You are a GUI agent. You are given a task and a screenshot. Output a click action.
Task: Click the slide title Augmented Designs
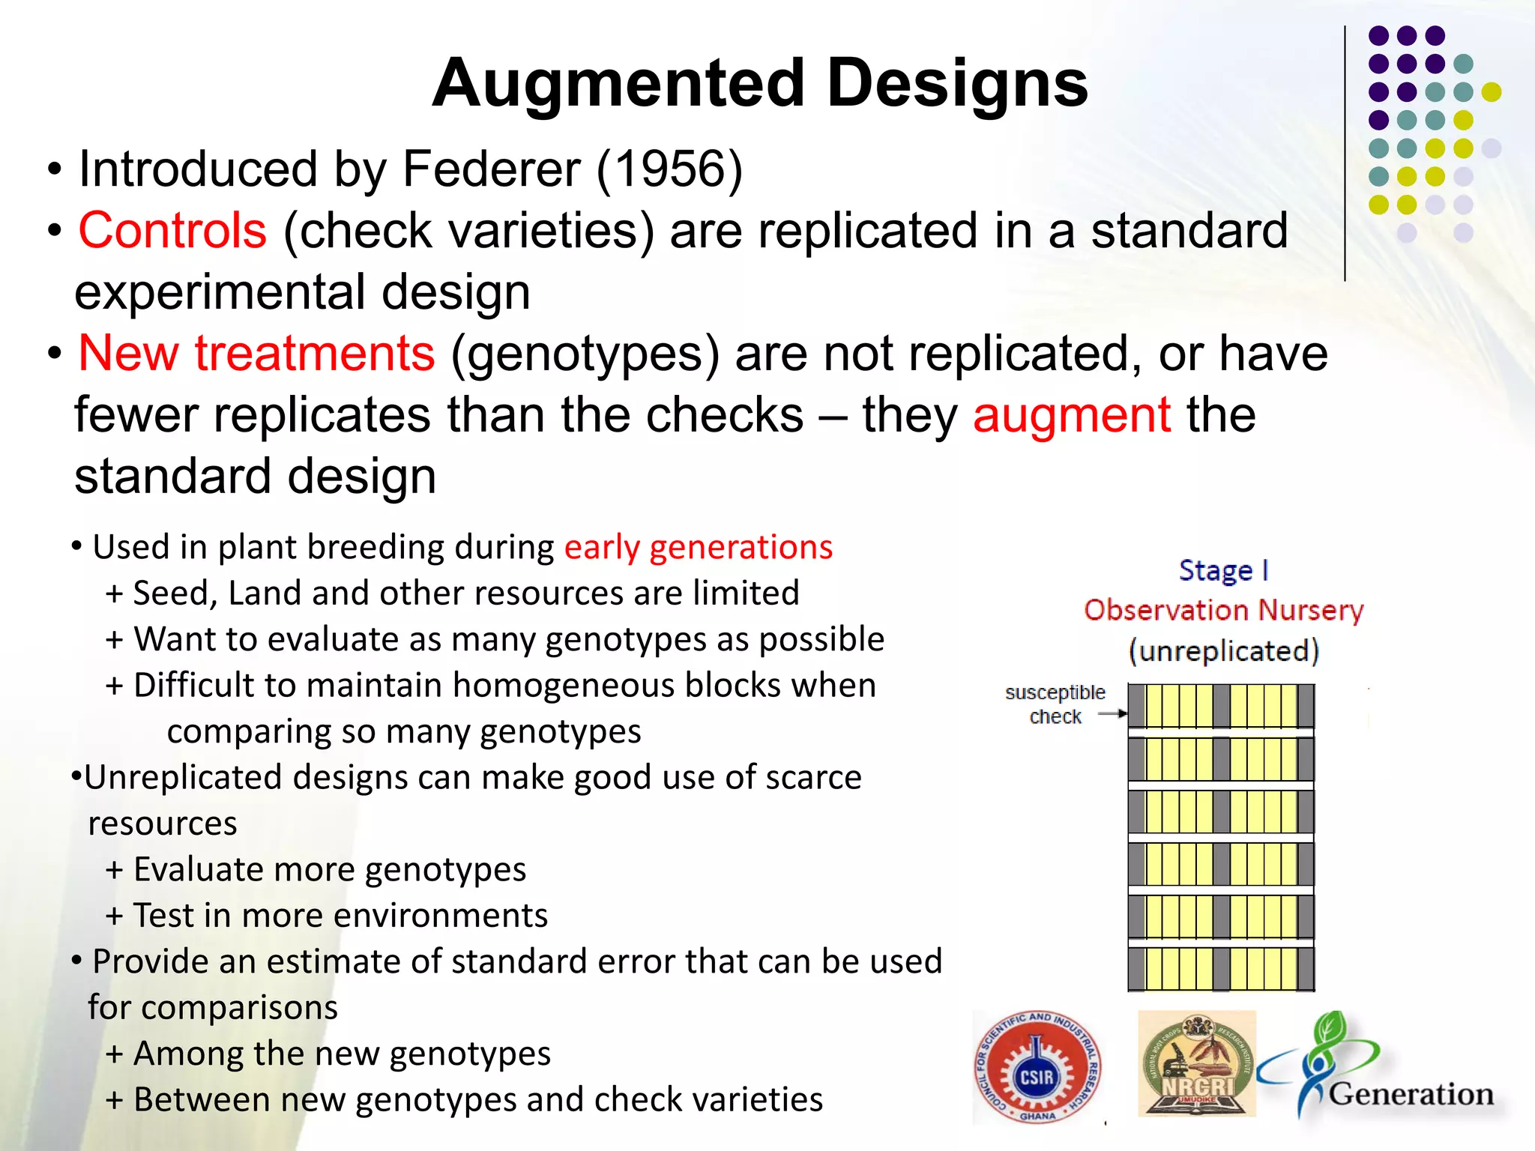point(759,84)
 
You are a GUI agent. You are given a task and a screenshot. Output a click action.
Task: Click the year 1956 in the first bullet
point(670,169)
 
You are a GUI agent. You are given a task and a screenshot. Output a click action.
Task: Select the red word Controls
point(172,231)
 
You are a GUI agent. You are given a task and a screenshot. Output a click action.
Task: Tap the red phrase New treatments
point(256,354)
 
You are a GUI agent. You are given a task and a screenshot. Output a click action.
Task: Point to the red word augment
point(1072,415)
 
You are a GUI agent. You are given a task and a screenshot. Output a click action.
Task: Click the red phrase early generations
point(698,548)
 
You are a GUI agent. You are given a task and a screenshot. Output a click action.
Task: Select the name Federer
point(491,169)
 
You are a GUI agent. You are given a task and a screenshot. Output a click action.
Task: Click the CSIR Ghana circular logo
point(1037,1066)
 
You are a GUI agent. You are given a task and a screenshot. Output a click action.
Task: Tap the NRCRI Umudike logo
point(1196,1064)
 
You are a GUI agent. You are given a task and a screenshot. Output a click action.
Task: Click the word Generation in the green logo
point(1411,1095)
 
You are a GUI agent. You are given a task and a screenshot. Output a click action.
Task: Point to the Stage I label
point(1223,571)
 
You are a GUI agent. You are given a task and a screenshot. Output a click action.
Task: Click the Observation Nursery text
point(1223,611)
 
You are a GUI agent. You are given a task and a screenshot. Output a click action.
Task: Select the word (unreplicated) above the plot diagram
point(1223,651)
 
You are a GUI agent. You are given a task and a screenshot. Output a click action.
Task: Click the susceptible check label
point(1055,704)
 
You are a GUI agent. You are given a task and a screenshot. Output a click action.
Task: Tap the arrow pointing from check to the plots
point(1112,714)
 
